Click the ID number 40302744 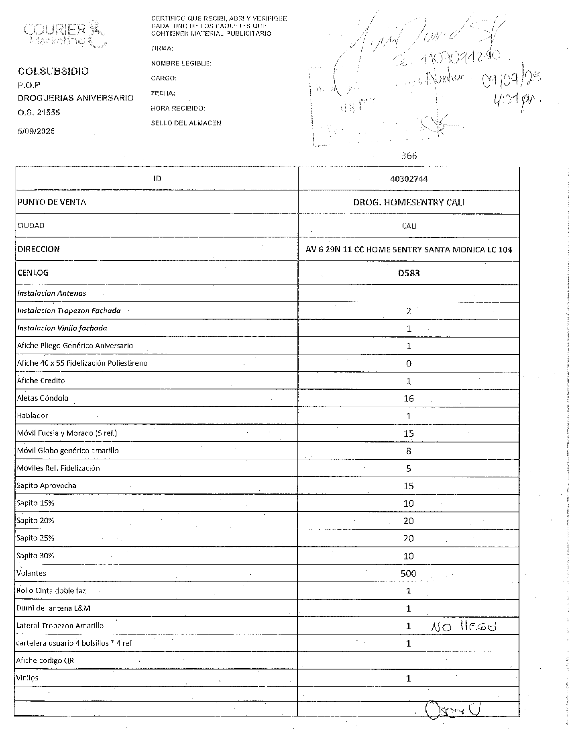(409, 179)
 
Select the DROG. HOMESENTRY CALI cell (409, 202)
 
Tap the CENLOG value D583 (409, 273)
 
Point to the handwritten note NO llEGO (463, 626)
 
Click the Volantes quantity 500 (408, 573)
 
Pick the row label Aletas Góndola (43, 398)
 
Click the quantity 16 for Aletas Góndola (409, 399)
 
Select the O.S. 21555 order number (39, 113)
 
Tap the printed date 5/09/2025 (36, 131)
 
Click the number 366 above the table (409, 156)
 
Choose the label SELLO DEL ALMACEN (186, 123)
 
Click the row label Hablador (33, 416)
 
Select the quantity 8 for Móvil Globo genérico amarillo (409, 451)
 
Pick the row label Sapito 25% (35, 538)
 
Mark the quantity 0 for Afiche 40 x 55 (409, 364)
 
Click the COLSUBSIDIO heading (53, 72)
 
